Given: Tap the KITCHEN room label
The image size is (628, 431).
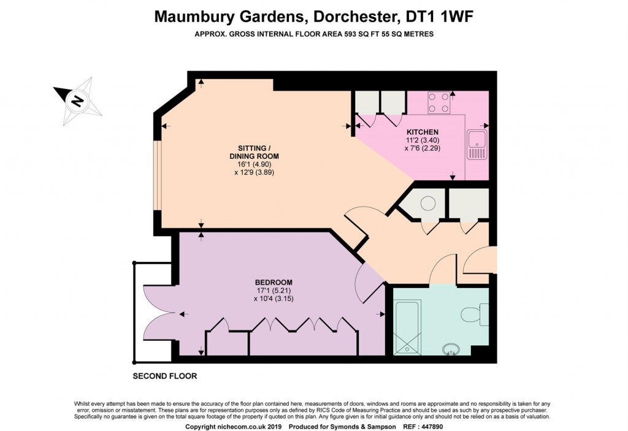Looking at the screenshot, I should [423, 132].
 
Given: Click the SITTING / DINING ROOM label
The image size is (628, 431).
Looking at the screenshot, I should [255, 152].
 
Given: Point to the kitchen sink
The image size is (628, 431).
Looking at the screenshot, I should [476, 145].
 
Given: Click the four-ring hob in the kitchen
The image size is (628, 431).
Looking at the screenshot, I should [438, 102].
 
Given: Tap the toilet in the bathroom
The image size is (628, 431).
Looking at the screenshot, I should [473, 315].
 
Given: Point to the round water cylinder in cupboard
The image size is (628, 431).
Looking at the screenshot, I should [427, 204].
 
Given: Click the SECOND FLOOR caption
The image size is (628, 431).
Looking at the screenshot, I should [165, 376].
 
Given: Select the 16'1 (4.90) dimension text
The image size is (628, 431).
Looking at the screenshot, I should [255, 164].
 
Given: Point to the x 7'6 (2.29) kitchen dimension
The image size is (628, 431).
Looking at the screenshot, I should [423, 148].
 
